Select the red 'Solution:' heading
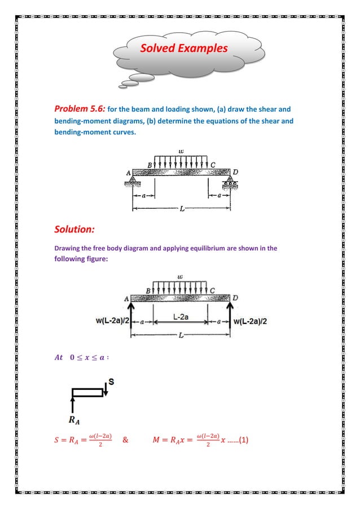(74, 230)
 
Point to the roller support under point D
(231, 181)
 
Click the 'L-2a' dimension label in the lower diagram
(181, 318)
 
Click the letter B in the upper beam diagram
(150, 165)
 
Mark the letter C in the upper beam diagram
(213, 165)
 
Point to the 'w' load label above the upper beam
(181, 151)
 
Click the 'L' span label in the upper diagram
(181, 209)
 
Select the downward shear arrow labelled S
(105, 389)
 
